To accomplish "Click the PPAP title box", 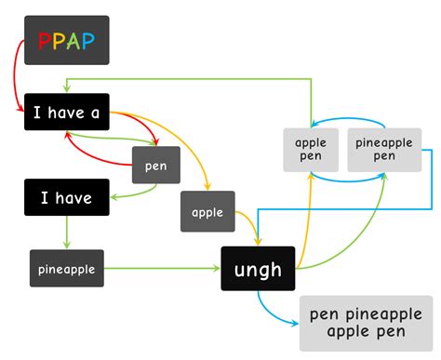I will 66,40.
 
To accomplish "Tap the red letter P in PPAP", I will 44,41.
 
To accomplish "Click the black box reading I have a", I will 67,113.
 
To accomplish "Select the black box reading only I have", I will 66,197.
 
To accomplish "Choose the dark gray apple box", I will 207,212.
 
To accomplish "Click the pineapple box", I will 65,269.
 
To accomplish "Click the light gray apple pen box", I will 309,150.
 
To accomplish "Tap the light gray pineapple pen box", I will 384,149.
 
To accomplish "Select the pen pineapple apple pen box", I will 366,323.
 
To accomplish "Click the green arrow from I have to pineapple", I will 66,233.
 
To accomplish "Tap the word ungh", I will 258,270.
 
